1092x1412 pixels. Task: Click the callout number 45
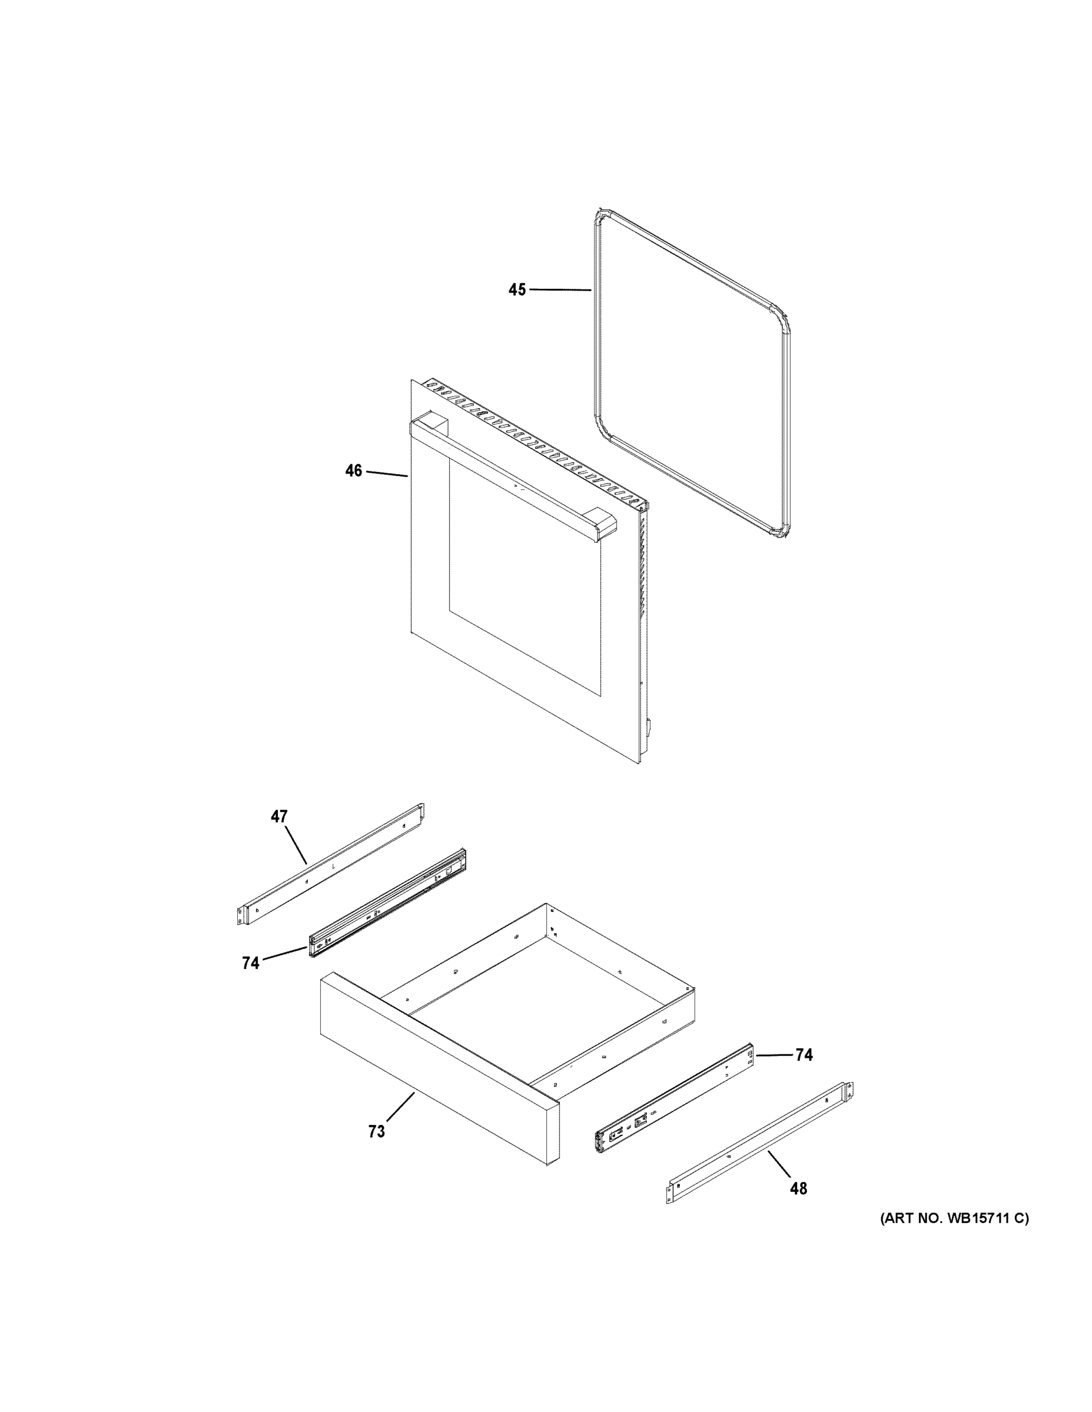[517, 290]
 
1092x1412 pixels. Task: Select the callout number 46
[353, 471]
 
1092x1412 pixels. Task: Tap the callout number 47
[279, 817]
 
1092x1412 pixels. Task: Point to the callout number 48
[798, 1188]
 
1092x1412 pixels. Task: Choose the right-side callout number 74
[804, 1055]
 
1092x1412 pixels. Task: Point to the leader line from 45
[560, 290]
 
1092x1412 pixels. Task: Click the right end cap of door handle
[599, 522]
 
